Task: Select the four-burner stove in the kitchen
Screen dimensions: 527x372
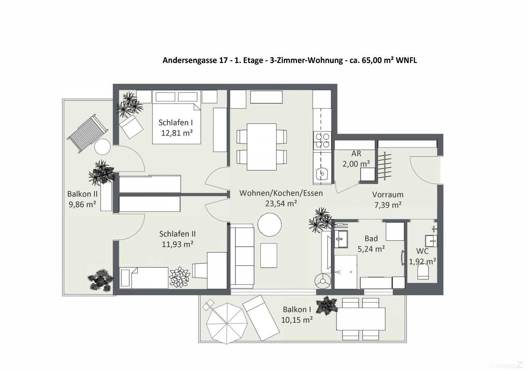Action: point(322,140)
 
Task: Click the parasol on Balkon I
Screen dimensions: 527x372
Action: point(227,323)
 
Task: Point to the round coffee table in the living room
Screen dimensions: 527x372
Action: point(270,225)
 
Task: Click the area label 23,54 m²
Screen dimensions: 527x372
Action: point(281,203)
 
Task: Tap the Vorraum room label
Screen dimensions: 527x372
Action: point(388,195)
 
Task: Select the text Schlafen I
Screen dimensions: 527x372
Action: point(176,122)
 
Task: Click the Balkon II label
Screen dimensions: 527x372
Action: point(82,194)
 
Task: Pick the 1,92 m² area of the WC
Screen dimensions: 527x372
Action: point(422,261)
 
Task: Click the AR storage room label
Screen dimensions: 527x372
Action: point(356,154)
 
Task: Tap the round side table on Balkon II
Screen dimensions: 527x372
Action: point(102,147)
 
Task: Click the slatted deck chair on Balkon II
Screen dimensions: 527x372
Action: point(88,134)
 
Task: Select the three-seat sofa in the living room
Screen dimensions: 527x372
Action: point(242,258)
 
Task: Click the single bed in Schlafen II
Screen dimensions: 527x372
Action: point(144,278)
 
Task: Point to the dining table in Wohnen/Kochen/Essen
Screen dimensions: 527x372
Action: point(262,147)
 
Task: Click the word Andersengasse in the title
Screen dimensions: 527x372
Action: point(195,60)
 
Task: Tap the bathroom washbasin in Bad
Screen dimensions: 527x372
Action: point(341,239)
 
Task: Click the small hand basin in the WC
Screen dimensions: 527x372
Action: point(431,241)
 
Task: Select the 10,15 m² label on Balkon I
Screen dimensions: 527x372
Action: point(297,320)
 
